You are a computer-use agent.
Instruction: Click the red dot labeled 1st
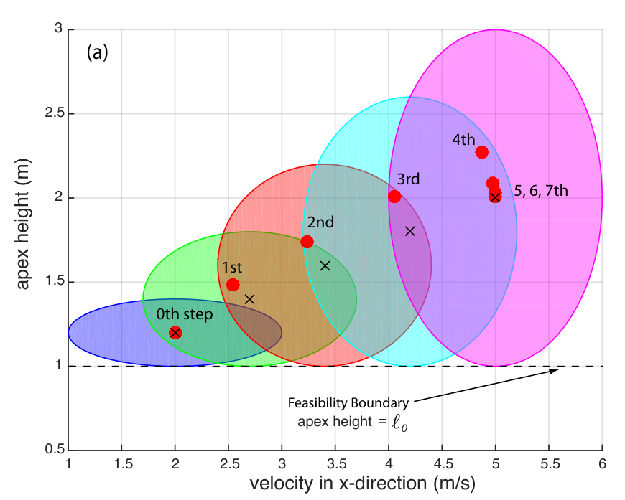(233, 285)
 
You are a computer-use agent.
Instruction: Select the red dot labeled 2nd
(307, 242)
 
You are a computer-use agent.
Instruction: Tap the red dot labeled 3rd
(394, 197)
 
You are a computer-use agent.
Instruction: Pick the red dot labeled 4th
(482, 152)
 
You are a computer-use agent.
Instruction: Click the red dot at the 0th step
(175, 332)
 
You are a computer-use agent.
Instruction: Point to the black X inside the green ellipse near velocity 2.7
(249, 299)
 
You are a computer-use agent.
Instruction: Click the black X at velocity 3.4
(325, 265)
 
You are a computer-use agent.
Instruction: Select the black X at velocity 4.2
(409, 231)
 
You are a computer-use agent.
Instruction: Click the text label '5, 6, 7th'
(541, 191)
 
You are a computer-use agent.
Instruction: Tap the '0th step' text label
(185, 314)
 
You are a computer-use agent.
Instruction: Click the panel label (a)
(97, 52)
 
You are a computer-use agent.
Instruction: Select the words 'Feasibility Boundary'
(348, 403)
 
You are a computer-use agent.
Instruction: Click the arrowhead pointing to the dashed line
(554, 371)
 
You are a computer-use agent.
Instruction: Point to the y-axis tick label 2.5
(54, 113)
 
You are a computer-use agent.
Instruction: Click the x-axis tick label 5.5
(550, 464)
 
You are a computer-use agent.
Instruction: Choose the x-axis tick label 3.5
(336, 464)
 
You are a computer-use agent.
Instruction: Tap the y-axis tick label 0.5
(54, 450)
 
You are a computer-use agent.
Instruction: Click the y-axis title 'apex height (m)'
(23, 224)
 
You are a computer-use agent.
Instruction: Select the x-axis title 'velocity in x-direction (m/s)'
(362, 484)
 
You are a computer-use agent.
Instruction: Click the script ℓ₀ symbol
(399, 423)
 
